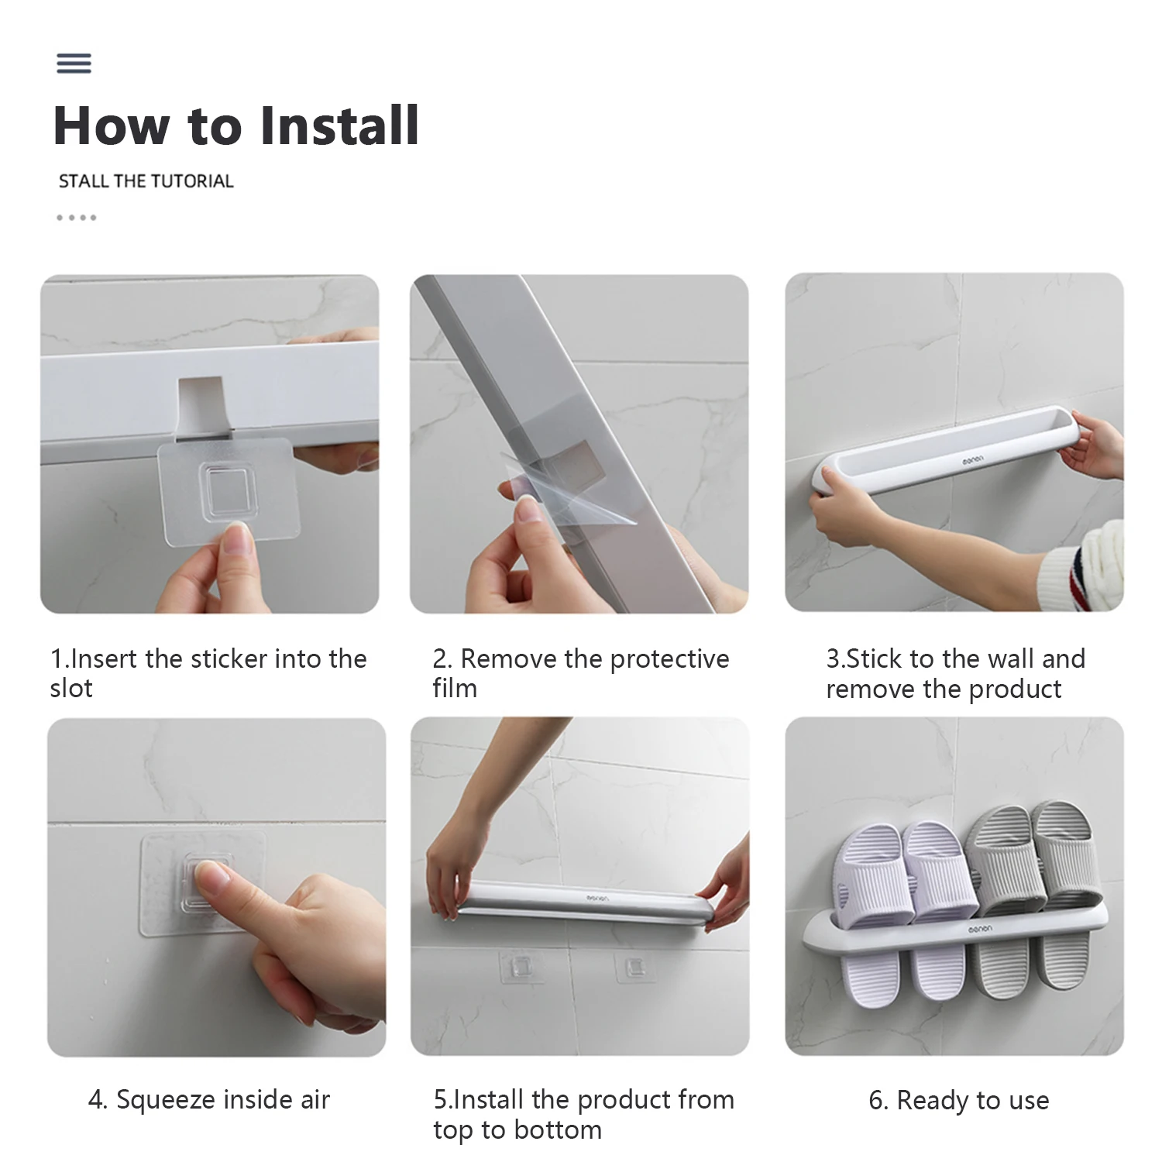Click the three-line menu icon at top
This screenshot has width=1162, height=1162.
74,63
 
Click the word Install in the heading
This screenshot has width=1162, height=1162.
339,125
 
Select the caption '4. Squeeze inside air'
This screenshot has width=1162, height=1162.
209,1099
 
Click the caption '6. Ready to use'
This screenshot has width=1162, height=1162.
959,1100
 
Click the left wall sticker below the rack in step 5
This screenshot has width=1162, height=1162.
521,968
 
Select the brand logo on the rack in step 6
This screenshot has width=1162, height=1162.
979,928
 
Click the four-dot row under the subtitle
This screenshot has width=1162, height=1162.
76,218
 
